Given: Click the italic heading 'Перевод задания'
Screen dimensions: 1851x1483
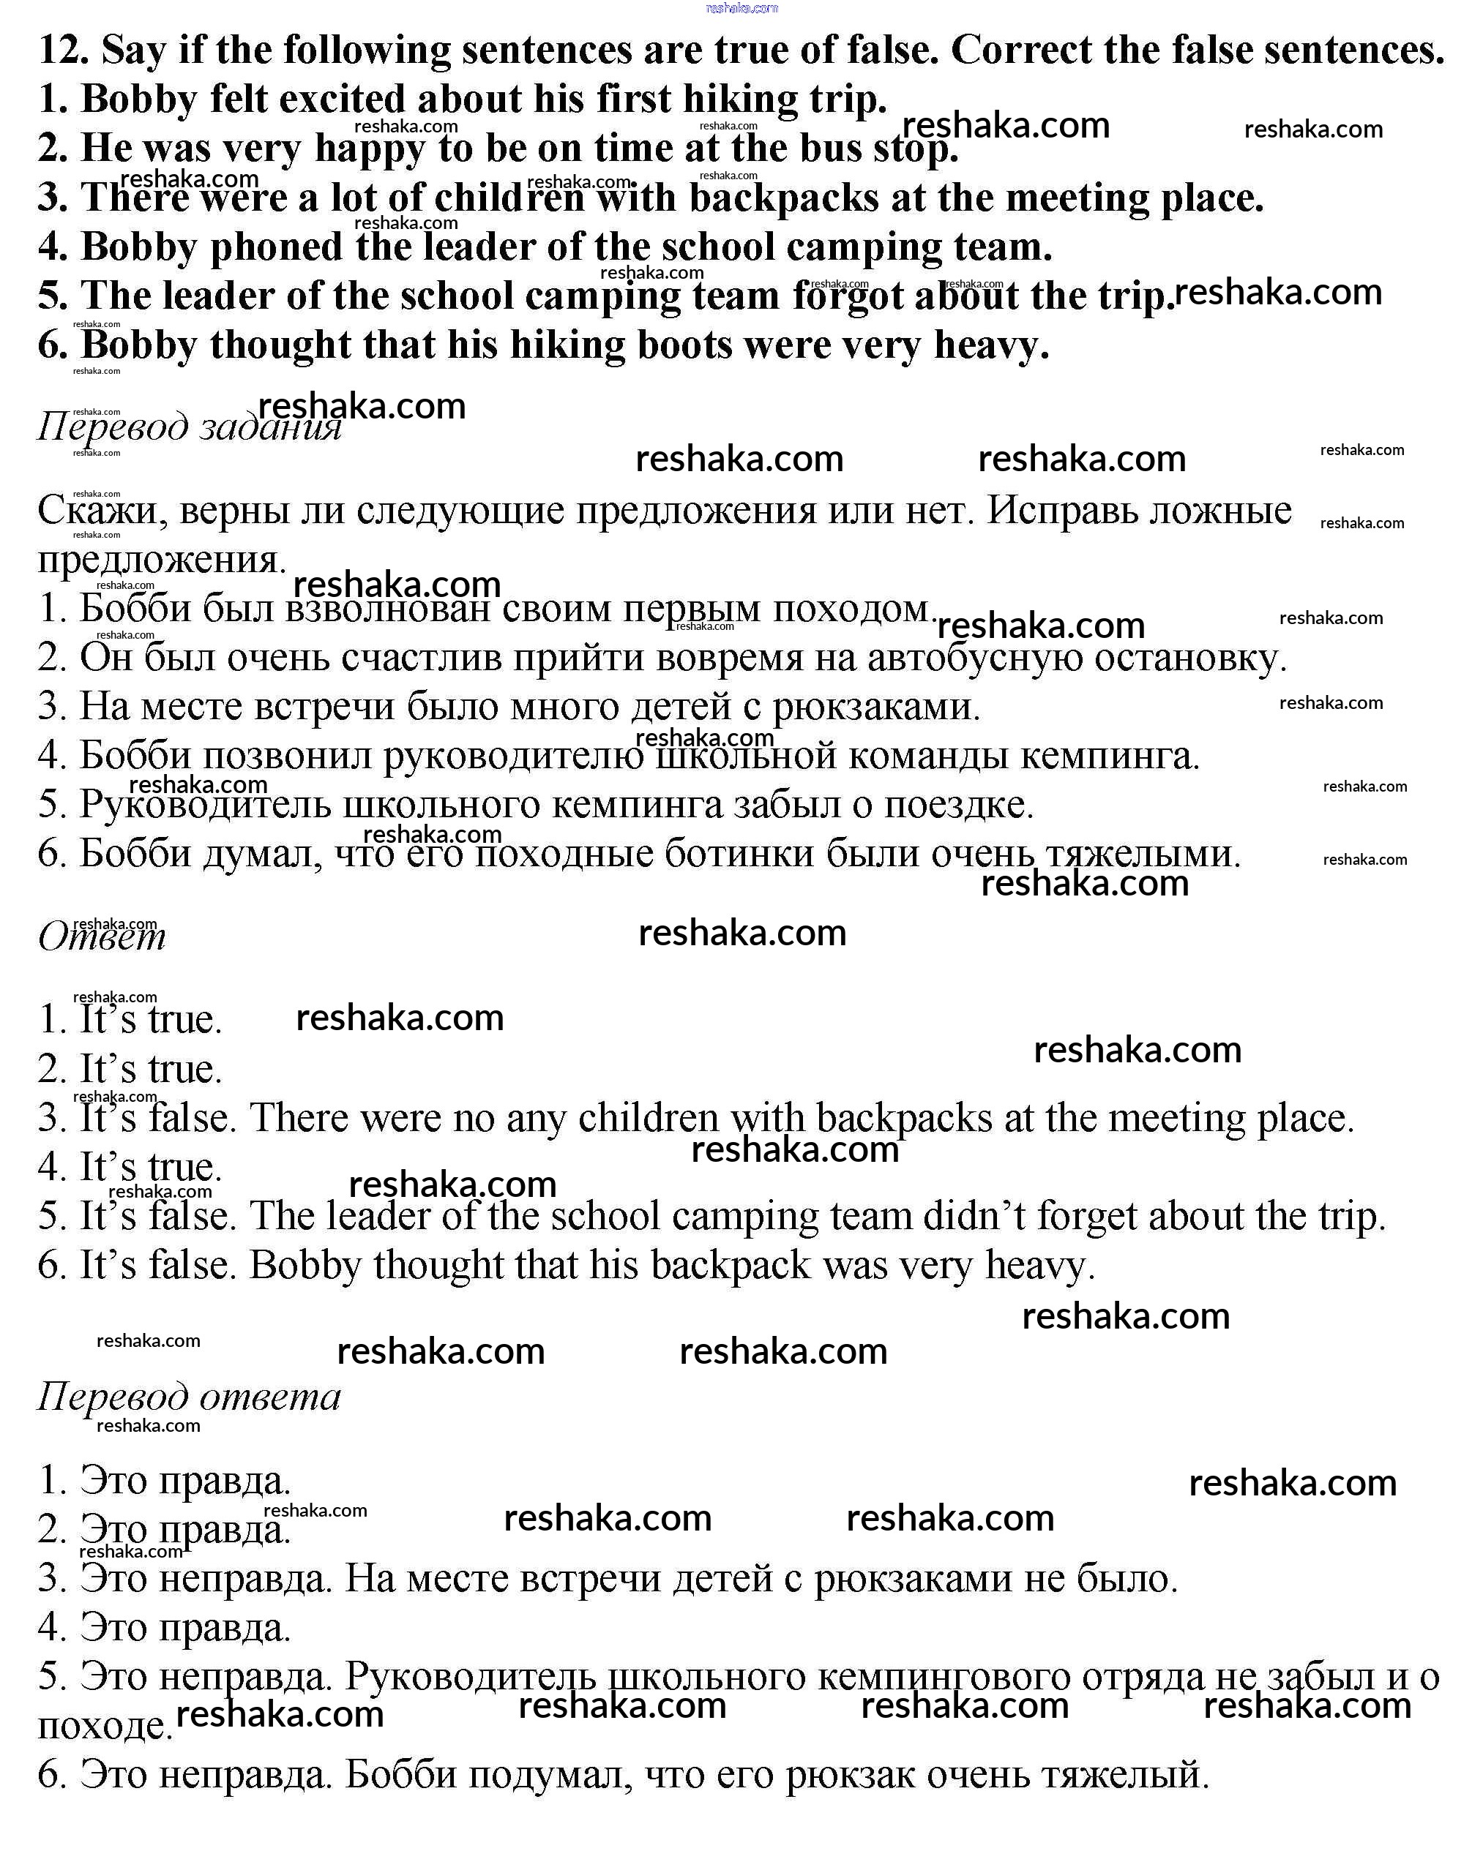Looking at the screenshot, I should point(189,426).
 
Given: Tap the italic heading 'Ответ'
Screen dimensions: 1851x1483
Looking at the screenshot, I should point(101,936).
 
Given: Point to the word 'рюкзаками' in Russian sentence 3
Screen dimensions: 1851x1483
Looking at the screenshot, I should point(876,707).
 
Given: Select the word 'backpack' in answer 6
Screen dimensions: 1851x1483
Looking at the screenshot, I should point(731,1266).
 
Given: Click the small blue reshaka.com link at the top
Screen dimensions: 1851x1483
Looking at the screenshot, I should point(741,8).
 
